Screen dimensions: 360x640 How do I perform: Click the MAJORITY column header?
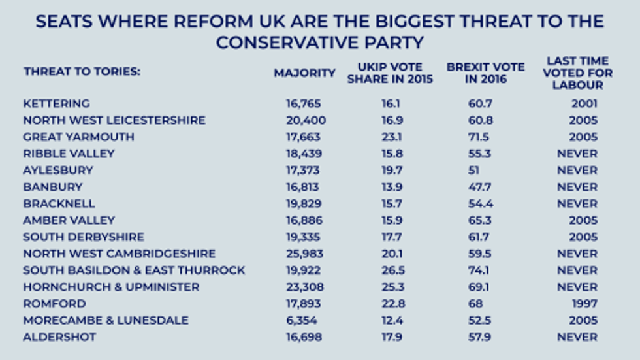pyautogui.click(x=304, y=73)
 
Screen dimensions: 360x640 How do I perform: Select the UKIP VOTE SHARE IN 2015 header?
pyautogui.click(x=390, y=73)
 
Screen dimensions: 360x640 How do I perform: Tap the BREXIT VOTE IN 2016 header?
pyautogui.click(x=485, y=73)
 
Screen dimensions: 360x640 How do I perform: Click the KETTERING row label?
pyautogui.click(x=56, y=103)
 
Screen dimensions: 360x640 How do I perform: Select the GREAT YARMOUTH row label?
pyautogui.click(x=78, y=137)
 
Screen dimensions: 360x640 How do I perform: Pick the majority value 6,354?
pyautogui.click(x=304, y=320)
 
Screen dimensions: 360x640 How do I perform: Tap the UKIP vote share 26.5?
pyautogui.click(x=390, y=270)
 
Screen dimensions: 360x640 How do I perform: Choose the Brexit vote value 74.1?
pyautogui.click(x=480, y=270)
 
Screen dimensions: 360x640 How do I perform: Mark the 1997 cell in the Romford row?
pyautogui.click(x=584, y=303)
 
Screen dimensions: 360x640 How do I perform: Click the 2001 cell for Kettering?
pyautogui.click(x=584, y=103)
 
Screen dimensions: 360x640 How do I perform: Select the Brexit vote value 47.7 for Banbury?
pyautogui.click(x=480, y=187)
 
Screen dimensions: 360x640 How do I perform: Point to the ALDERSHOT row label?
pyautogui.click(x=59, y=336)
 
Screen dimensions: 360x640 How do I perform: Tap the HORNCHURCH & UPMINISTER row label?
pyautogui.click(x=111, y=287)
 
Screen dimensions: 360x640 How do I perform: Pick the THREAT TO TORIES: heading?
pyautogui.click(x=82, y=72)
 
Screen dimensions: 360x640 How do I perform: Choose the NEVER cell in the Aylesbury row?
pyautogui.click(x=577, y=170)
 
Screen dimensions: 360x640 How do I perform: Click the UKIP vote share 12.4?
pyautogui.click(x=390, y=320)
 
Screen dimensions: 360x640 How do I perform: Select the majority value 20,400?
pyautogui.click(x=306, y=120)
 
